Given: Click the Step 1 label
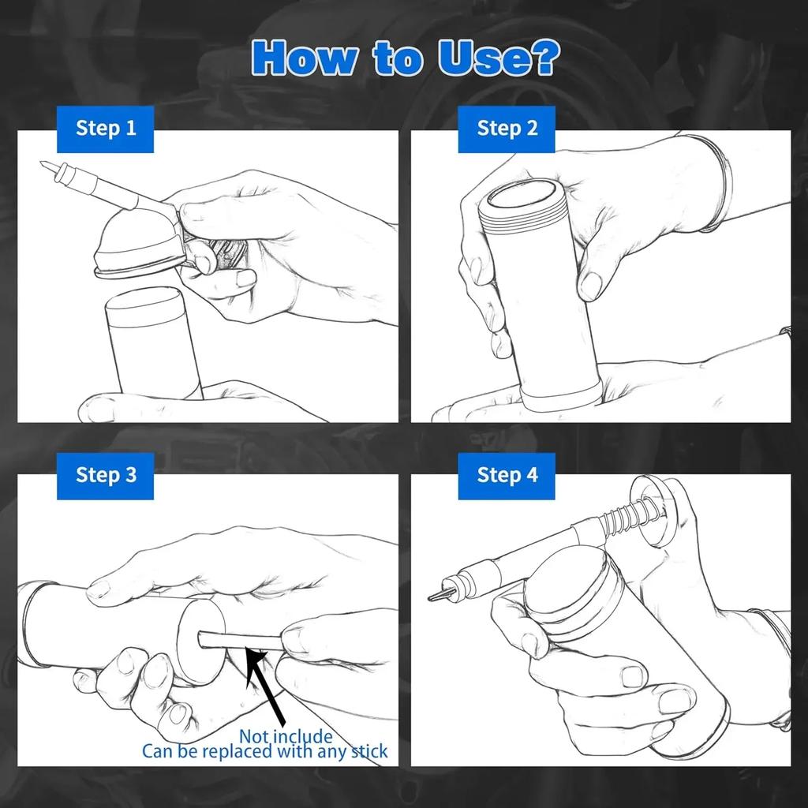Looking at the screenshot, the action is pyautogui.click(x=106, y=129).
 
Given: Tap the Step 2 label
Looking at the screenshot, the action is pyautogui.click(x=507, y=129).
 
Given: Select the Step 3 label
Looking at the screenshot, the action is pyautogui.click(x=106, y=475).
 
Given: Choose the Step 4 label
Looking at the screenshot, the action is pyautogui.click(x=507, y=475).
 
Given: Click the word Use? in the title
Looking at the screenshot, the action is pyautogui.click(x=498, y=58).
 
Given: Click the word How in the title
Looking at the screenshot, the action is pyautogui.click(x=305, y=58).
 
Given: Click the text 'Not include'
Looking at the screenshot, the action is pyautogui.click(x=286, y=736).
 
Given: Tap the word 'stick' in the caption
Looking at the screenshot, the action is pyautogui.click(x=369, y=751).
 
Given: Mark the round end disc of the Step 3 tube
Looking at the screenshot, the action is pyautogui.click(x=201, y=642).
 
